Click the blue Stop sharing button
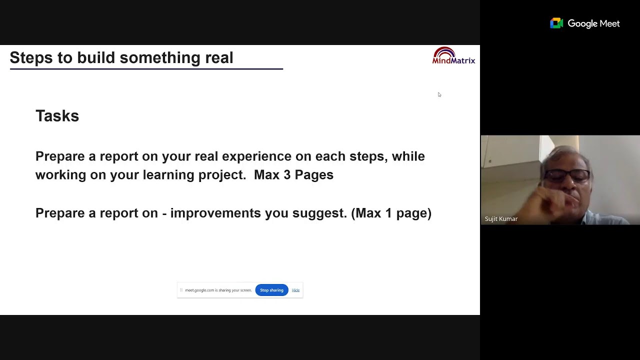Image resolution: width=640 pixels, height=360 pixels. pyautogui.click(x=271, y=290)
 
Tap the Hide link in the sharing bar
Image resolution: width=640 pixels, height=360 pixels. pyautogui.click(x=295, y=290)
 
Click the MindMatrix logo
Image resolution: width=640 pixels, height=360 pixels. pyautogui.click(x=453, y=56)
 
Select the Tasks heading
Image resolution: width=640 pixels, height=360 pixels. pyautogui.click(x=57, y=116)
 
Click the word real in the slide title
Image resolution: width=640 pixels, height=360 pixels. pyautogui.click(x=219, y=58)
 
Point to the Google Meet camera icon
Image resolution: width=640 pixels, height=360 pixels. pyautogui.click(x=556, y=23)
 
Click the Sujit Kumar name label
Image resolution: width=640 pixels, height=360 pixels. pyautogui.click(x=501, y=219)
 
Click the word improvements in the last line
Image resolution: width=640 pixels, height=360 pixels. pyautogui.click(x=215, y=213)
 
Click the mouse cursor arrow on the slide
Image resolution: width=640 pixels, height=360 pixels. pyautogui.click(x=439, y=94)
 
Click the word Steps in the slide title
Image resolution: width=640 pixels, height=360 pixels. pyautogui.click(x=31, y=58)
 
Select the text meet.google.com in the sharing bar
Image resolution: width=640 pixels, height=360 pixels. pyautogui.click(x=199, y=290)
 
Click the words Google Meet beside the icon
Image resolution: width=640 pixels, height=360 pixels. pyautogui.click(x=593, y=23)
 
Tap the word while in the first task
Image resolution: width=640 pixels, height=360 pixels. pyautogui.click(x=408, y=156)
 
